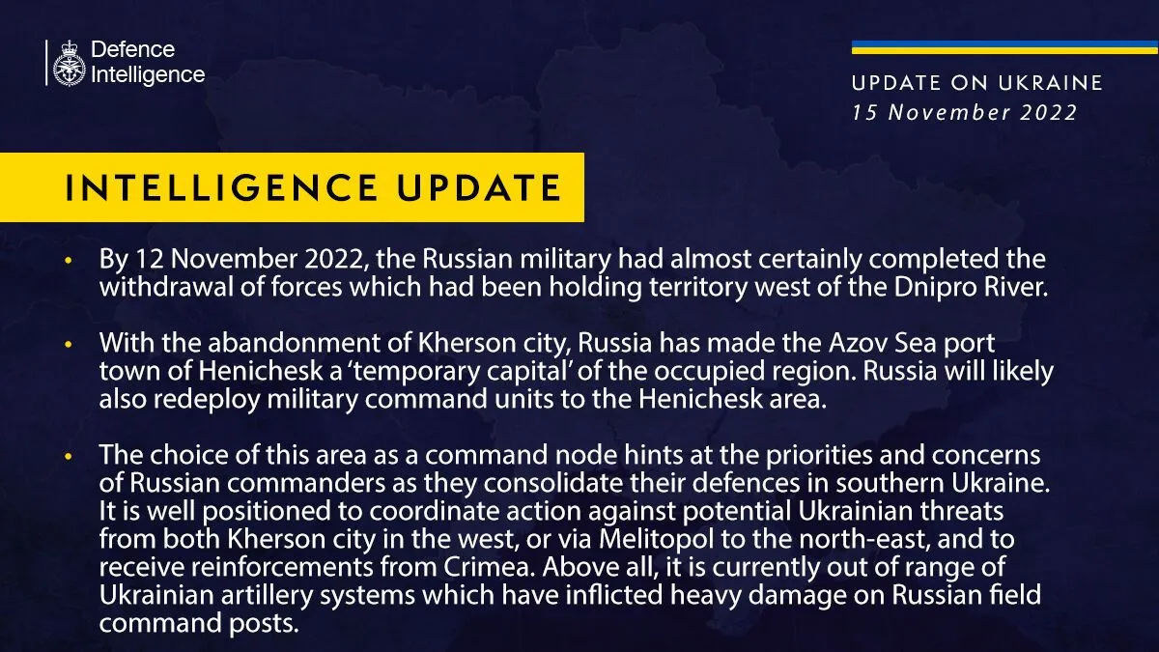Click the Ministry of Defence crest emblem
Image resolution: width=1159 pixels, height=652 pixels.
(x=68, y=63)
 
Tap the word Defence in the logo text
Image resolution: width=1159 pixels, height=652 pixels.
(x=132, y=49)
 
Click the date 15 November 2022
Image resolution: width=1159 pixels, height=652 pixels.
(x=964, y=112)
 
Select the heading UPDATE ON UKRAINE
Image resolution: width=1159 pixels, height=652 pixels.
(x=976, y=83)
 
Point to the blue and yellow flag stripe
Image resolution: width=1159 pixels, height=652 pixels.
(x=1004, y=46)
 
